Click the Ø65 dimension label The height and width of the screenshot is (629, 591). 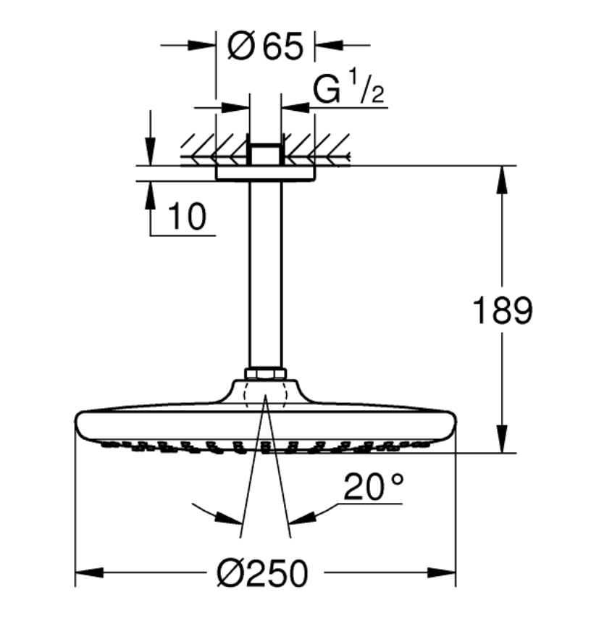click(264, 46)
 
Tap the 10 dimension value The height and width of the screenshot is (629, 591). click(188, 216)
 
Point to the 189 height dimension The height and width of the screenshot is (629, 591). click(503, 310)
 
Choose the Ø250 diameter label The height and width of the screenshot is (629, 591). click(263, 573)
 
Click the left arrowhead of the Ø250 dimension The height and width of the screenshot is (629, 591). click(89, 572)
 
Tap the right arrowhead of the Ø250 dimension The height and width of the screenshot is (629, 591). click(442, 572)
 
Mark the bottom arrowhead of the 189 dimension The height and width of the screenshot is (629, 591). click(502, 439)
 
